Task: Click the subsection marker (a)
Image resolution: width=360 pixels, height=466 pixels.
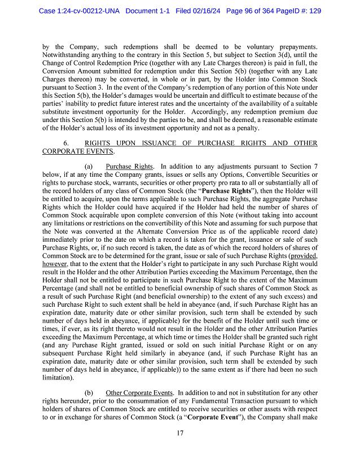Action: pyautogui.click(x=89, y=167)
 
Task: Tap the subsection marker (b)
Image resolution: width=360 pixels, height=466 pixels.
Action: pyautogui.click(x=89, y=392)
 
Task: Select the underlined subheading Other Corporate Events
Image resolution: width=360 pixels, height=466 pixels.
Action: pyautogui.click(x=137, y=392)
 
